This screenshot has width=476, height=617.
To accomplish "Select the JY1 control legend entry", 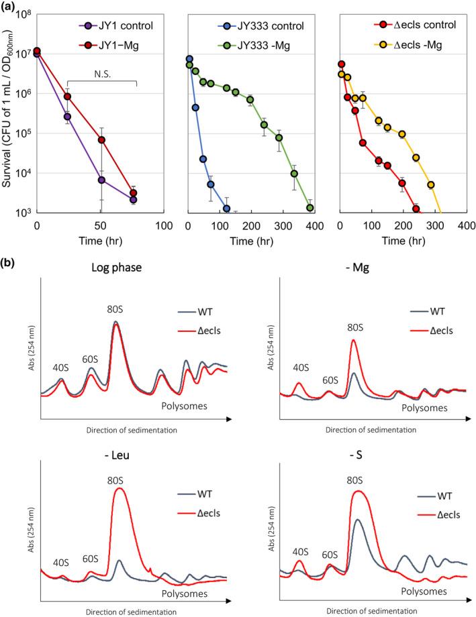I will [x=119, y=27].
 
